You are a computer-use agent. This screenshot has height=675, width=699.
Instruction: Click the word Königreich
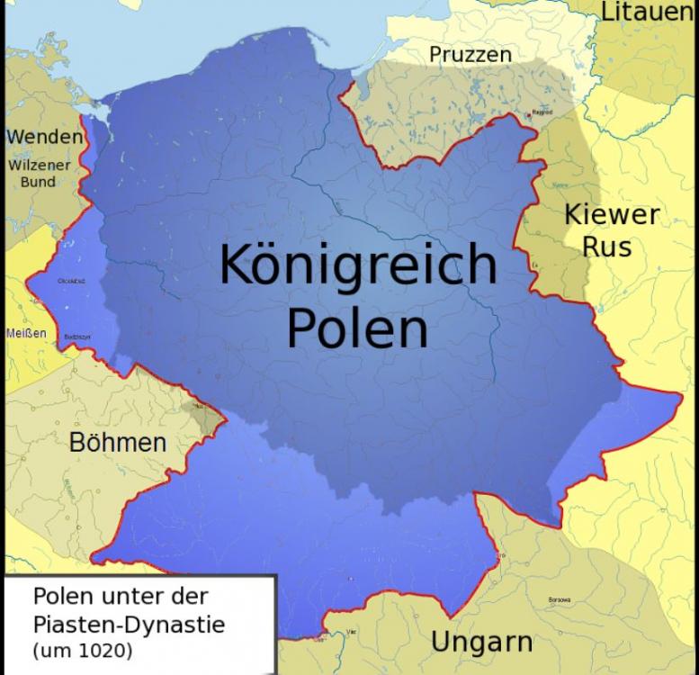(x=357, y=266)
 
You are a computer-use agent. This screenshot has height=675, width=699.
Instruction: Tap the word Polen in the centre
(x=356, y=329)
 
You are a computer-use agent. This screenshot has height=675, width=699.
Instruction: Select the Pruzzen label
(x=470, y=55)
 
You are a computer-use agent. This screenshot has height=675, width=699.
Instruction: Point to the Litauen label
(x=648, y=13)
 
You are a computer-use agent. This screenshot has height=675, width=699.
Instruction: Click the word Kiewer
(x=611, y=215)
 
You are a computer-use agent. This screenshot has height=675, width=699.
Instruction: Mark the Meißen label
(x=25, y=332)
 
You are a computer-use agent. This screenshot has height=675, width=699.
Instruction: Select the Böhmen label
(x=118, y=442)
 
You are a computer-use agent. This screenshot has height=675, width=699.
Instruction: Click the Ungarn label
(x=481, y=643)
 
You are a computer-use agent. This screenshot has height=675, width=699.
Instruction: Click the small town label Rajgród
(x=542, y=112)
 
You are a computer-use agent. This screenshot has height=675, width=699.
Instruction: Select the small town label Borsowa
(x=560, y=600)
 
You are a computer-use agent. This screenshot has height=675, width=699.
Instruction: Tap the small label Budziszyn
(x=76, y=337)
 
